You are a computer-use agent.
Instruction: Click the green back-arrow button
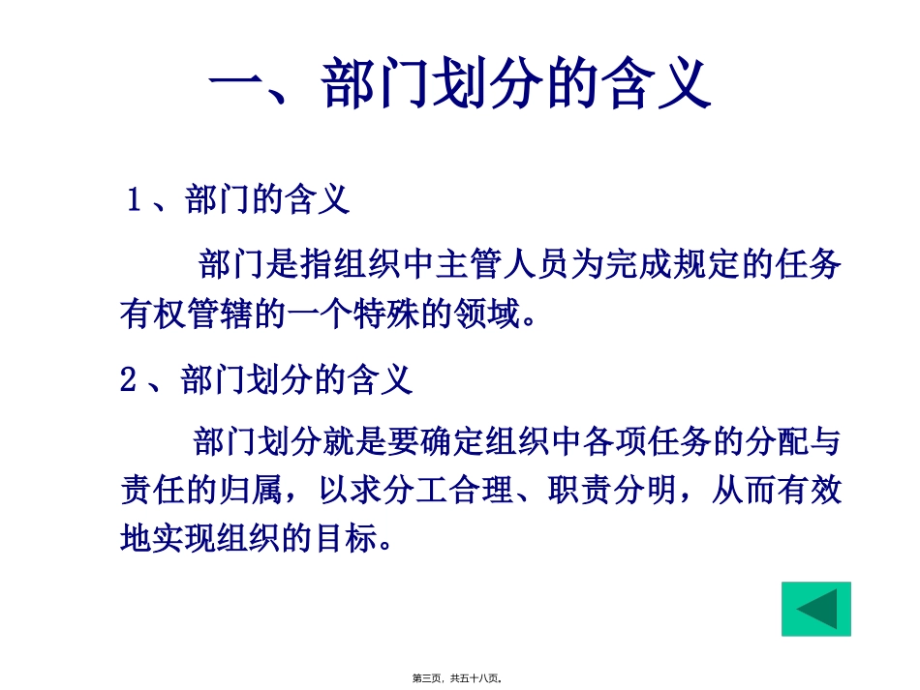815,609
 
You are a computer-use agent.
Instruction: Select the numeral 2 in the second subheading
130,379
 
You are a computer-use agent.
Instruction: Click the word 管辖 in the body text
224,314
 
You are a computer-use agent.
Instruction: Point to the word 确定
449,442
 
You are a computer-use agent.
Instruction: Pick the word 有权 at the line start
154,314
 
